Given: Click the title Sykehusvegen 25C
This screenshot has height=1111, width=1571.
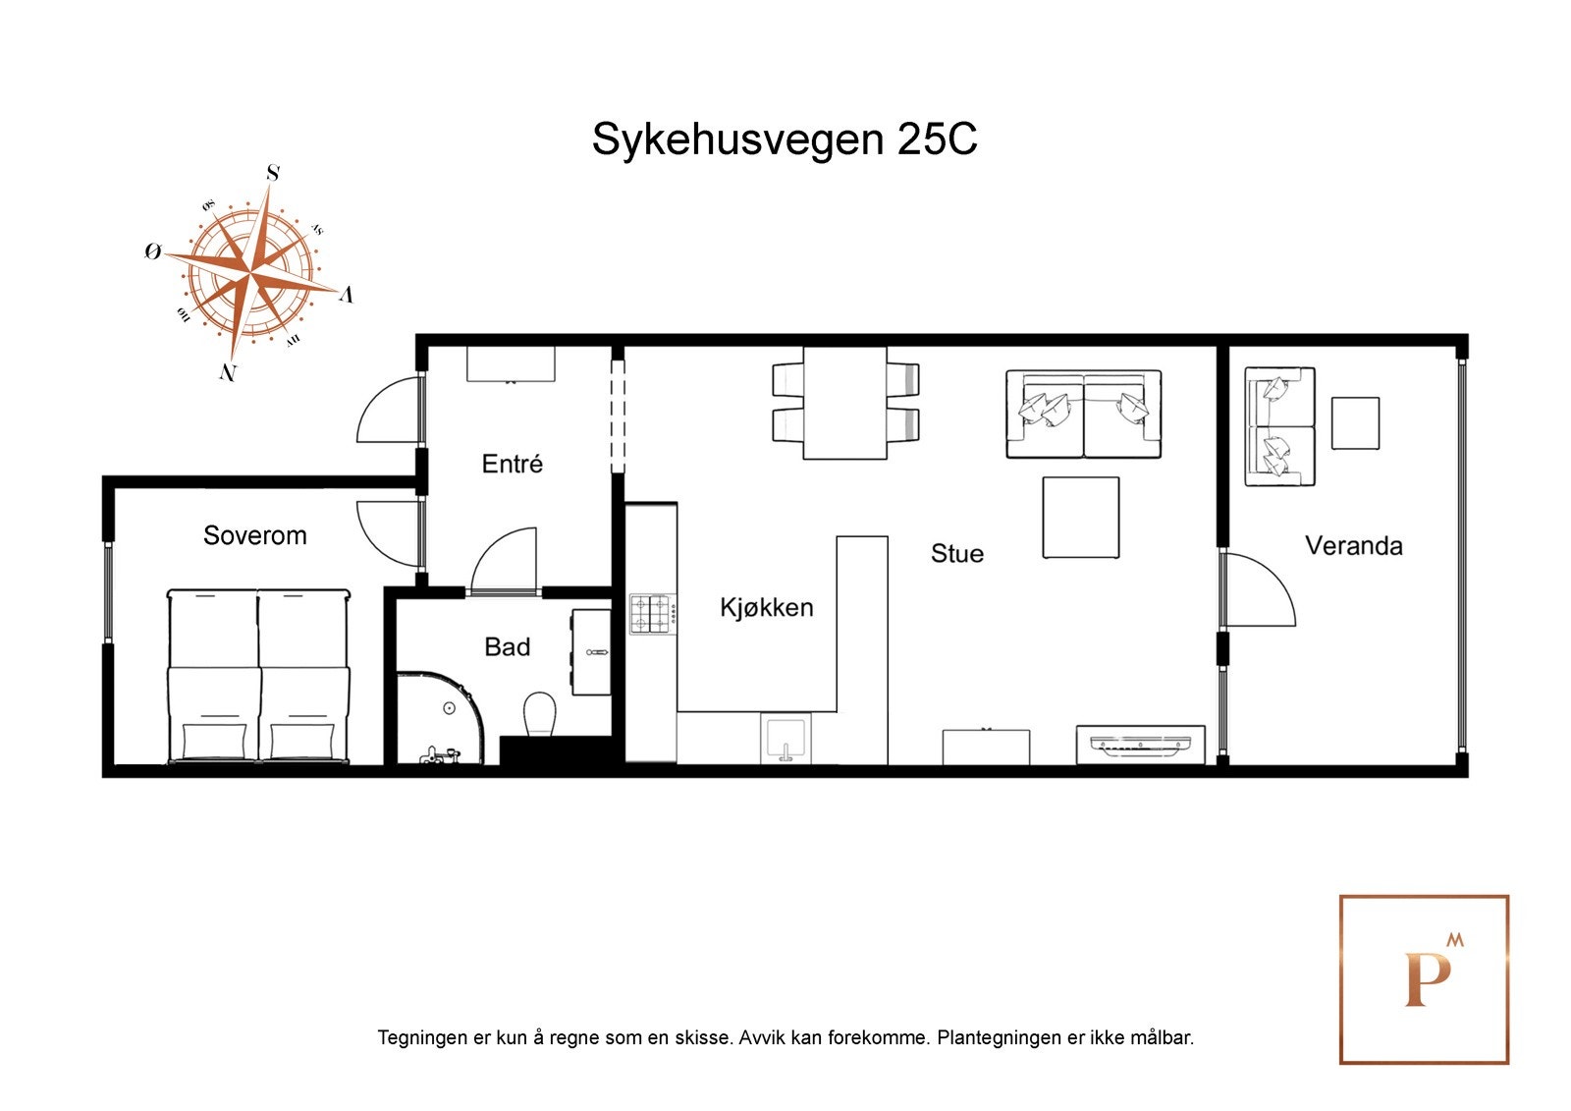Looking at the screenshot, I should (784, 139).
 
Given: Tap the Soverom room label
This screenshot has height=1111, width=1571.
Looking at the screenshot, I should (254, 535).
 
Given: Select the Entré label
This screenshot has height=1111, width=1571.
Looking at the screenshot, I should (512, 464).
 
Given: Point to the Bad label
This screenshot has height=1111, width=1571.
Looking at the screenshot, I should (507, 646).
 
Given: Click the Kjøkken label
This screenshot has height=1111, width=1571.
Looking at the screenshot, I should (766, 607).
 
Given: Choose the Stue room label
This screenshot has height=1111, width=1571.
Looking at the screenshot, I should (956, 553).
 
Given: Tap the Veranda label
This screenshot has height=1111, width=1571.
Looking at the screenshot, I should (1353, 545).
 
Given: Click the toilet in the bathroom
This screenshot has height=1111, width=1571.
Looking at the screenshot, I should (539, 714).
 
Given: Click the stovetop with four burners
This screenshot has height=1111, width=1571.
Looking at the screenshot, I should (650, 614).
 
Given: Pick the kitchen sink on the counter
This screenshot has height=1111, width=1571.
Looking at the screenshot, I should (785, 740).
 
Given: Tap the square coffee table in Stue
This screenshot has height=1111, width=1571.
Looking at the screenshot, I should (1080, 518).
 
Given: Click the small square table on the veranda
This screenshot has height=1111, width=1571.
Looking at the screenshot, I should (1355, 423).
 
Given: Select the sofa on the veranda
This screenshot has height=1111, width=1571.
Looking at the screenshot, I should (1278, 426).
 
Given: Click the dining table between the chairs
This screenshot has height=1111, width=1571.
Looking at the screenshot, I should (844, 403).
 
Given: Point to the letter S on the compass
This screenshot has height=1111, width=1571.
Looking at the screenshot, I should (273, 174).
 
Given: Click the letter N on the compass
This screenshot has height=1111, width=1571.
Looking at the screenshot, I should (228, 372).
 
